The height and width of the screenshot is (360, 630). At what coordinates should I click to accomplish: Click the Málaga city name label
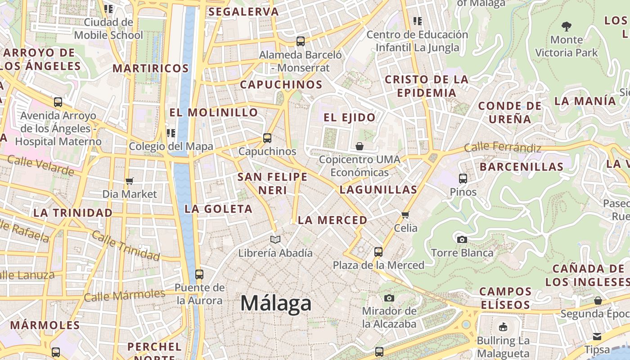pos(275,303)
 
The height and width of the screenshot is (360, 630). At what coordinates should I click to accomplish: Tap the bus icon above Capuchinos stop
pos(267,138)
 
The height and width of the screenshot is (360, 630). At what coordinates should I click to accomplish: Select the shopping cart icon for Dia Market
pos(130,181)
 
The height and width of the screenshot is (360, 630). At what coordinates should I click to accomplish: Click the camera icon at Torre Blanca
pos(462,239)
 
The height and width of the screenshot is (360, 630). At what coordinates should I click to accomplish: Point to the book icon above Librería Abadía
pos(275,239)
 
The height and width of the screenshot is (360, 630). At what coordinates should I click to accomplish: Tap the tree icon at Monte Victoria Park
pos(567,27)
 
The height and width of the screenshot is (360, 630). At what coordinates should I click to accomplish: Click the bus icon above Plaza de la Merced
pos(378,252)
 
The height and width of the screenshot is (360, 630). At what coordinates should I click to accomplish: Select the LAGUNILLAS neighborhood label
pos(378,189)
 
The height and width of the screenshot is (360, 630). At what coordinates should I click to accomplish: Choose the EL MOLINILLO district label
pos(214,112)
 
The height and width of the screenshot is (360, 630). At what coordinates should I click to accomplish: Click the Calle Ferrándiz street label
pos(502,147)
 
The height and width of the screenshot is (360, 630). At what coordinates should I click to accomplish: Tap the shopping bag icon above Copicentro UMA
pos(359,146)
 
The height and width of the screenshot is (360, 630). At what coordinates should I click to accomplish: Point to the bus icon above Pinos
pos(463,178)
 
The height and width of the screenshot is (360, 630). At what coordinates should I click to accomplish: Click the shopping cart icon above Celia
pos(405,215)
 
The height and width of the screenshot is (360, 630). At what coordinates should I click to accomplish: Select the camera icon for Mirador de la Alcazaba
pos(389,298)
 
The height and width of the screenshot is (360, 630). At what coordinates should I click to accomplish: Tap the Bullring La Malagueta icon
pos(503,327)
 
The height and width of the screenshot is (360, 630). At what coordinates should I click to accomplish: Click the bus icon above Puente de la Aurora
pos(199,274)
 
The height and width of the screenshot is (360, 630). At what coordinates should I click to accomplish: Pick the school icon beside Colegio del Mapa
pos(171,133)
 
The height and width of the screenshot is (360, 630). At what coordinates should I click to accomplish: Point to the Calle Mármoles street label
pos(125,295)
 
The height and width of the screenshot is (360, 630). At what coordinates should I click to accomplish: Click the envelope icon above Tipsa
pos(597,336)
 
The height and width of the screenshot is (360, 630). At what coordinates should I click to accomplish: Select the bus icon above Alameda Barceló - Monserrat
pos(301,41)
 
